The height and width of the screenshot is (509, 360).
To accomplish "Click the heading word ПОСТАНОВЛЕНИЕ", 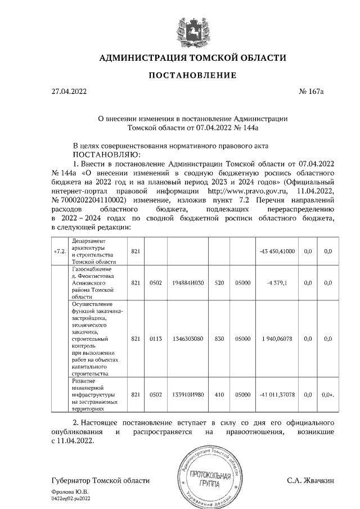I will click(x=192, y=75).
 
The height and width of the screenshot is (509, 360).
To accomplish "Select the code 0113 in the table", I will click(x=156, y=339).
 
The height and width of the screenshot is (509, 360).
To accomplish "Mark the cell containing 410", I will click(x=216, y=395).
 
